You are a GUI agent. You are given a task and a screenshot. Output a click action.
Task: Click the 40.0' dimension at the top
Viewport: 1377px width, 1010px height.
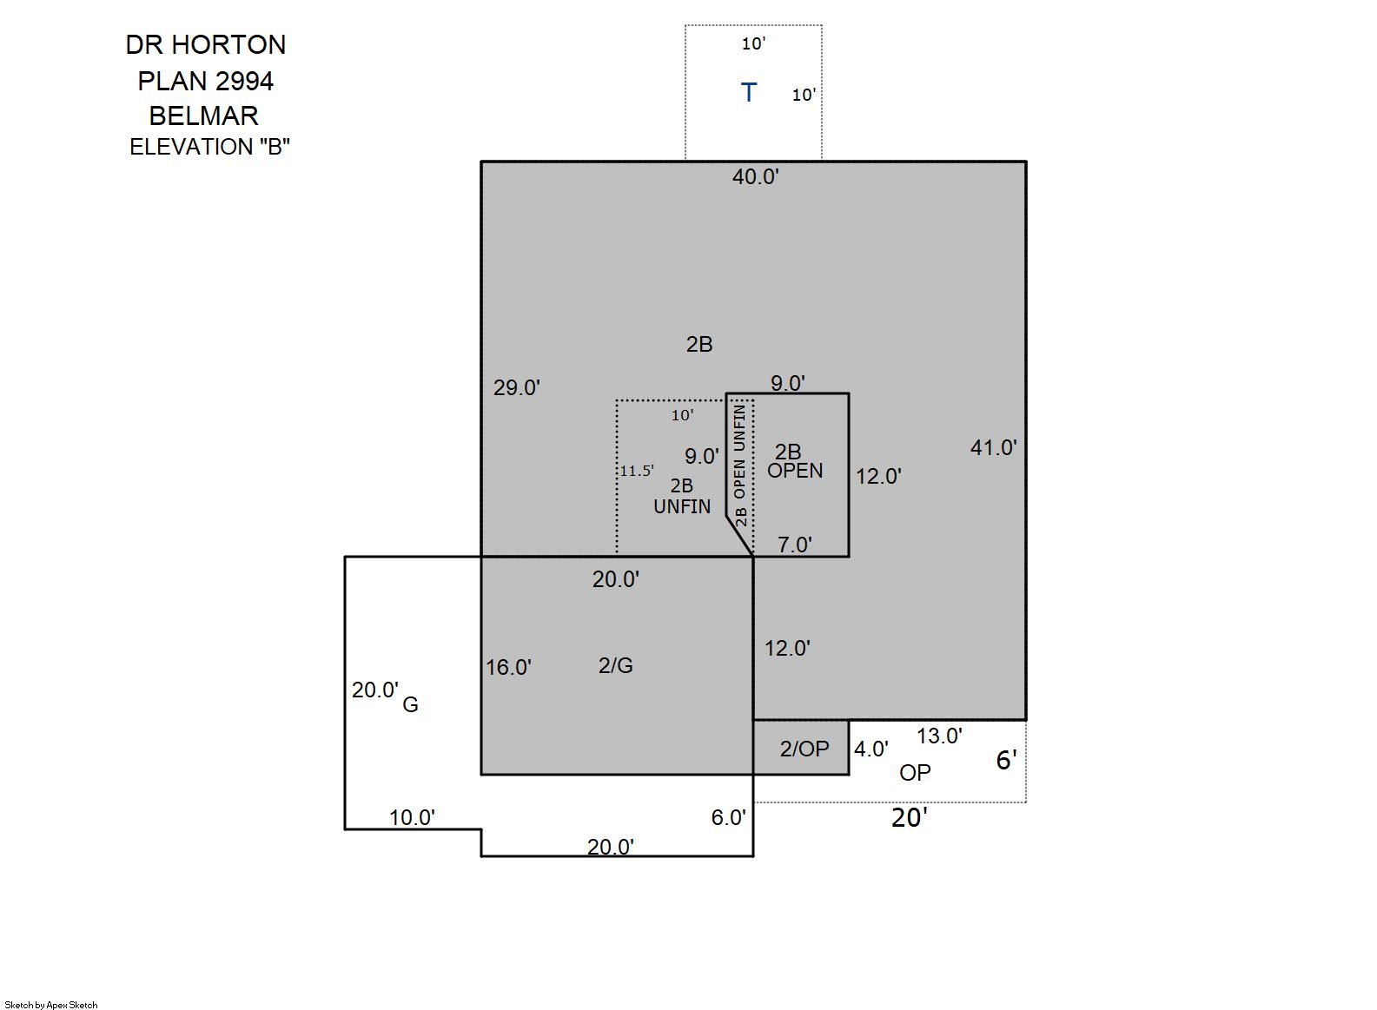tap(755, 177)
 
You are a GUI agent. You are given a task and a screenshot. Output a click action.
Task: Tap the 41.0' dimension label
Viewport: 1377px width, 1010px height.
tap(993, 448)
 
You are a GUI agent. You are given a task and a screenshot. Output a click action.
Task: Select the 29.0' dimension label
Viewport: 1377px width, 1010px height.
tap(516, 388)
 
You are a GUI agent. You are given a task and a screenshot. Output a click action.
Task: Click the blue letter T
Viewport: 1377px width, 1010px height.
tap(748, 92)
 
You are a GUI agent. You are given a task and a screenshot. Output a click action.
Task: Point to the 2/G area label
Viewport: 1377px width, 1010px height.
tap(615, 666)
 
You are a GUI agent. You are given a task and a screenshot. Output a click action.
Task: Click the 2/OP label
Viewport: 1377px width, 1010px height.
tap(804, 749)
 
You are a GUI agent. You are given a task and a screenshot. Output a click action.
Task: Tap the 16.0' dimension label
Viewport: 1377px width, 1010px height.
tap(508, 668)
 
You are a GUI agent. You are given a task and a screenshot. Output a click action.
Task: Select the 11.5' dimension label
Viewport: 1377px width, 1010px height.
tap(636, 472)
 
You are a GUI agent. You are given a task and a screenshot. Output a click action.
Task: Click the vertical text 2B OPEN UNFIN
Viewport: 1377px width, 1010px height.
tap(740, 465)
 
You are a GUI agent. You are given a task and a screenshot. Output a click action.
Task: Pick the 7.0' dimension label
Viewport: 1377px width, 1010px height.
tap(794, 545)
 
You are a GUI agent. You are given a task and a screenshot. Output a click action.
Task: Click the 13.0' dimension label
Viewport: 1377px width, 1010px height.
tap(939, 736)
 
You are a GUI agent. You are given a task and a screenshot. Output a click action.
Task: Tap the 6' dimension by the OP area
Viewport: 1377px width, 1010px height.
tap(1006, 761)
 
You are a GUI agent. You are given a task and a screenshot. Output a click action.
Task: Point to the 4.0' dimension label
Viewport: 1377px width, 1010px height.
tap(871, 749)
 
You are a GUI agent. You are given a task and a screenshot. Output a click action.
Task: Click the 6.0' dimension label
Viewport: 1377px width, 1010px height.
tap(728, 818)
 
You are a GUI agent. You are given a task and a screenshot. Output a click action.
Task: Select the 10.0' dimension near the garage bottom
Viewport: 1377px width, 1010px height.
tap(411, 818)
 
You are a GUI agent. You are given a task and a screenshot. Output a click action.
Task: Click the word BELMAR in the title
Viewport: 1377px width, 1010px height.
tap(204, 116)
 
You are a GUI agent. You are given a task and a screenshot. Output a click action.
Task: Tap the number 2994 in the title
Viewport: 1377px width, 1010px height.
tap(244, 82)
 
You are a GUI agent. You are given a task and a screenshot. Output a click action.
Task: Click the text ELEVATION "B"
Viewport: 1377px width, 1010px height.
tap(209, 148)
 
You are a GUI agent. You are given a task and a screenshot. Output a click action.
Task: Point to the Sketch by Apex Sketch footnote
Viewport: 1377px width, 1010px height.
tap(51, 1005)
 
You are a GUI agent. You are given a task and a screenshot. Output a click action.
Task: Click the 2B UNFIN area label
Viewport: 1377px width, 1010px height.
tap(682, 496)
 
